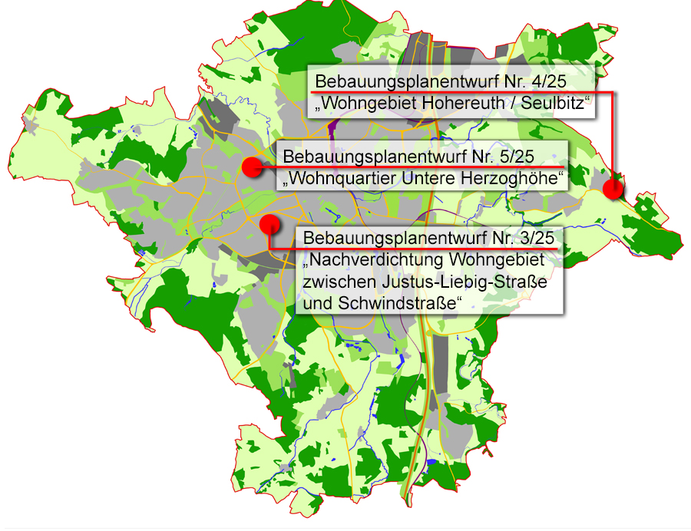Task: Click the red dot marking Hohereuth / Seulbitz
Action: click(613, 189)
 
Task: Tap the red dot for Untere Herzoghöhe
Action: click(251, 166)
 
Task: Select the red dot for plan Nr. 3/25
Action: click(269, 224)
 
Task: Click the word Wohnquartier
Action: click(339, 180)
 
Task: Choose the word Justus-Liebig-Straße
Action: click(467, 282)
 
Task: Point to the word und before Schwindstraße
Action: click(316, 303)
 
